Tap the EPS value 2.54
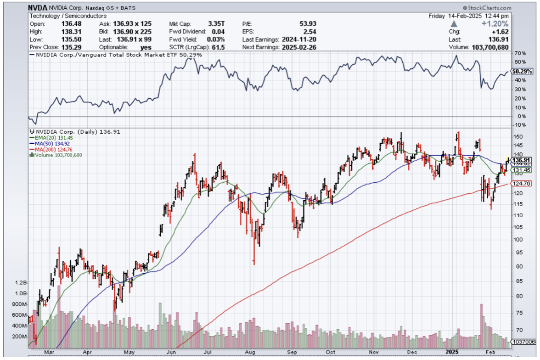point(310,31)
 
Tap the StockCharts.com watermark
point(489,8)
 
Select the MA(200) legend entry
point(49,149)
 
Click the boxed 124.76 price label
point(522,184)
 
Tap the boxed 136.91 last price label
point(522,160)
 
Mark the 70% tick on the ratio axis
point(520,53)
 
